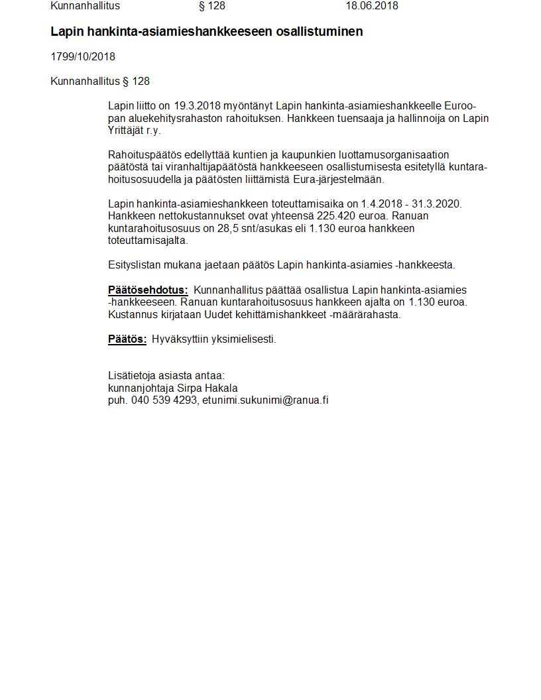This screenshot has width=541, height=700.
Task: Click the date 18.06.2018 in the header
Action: pyautogui.click(x=371, y=6)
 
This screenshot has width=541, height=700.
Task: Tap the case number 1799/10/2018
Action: pyautogui.click(x=83, y=57)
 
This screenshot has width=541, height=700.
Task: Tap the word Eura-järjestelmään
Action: pyautogui.click(x=337, y=180)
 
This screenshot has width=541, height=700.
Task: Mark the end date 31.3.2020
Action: pyautogui.click(x=438, y=204)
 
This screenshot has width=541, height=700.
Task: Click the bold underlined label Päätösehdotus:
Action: pyautogui.click(x=148, y=290)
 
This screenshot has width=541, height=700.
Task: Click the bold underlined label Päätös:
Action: pyautogui.click(x=127, y=339)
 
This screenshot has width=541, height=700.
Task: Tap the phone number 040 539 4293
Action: pyautogui.click(x=164, y=400)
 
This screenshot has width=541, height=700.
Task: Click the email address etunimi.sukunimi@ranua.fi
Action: pyautogui.click(x=265, y=400)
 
